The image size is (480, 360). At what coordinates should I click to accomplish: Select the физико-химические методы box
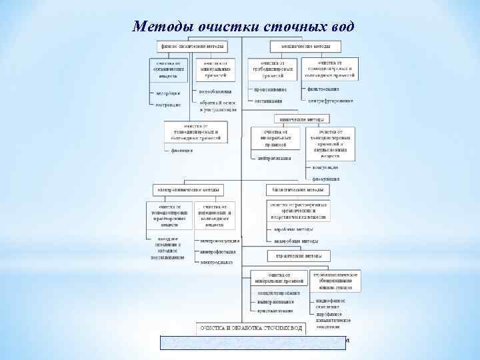pos(191,46)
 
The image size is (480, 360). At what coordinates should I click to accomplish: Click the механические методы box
pos(305,46)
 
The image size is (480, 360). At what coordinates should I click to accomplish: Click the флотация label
pos(182,150)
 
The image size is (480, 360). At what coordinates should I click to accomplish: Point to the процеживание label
pos(270,89)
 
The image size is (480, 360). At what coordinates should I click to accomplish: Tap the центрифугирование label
pos(331,101)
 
